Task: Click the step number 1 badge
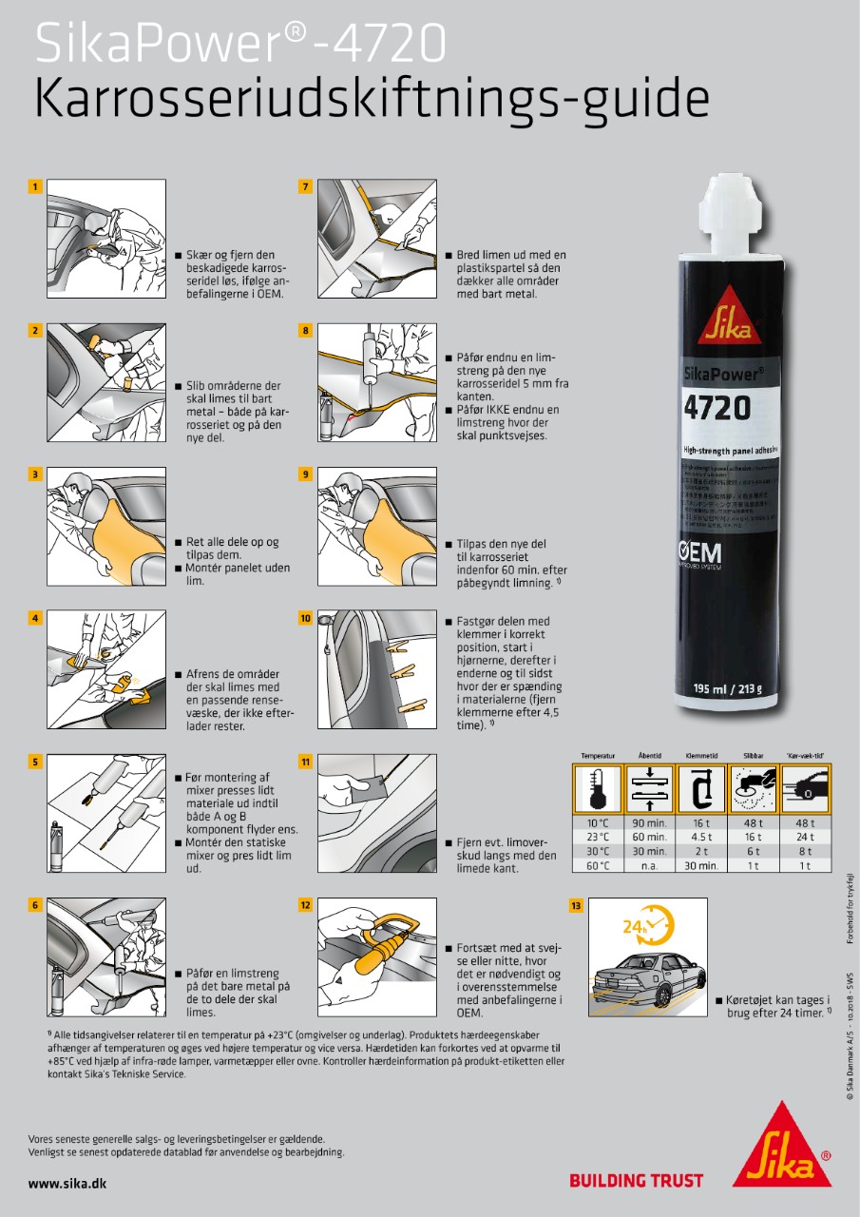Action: [x=35, y=187]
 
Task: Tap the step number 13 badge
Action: [x=576, y=906]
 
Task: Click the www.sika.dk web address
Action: [x=67, y=1183]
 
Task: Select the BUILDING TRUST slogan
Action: [x=636, y=1181]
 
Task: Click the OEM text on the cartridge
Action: [x=698, y=552]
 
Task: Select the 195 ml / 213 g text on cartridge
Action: [x=731, y=688]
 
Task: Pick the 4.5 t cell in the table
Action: [x=701, y=838]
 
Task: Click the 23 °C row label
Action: [x=597, y=838]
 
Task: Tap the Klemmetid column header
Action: [x=701, y=757]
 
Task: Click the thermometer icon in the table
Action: [x=598, y=789]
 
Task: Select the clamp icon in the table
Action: [x=701, y=789]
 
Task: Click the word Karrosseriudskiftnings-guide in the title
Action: [x=372, y=99]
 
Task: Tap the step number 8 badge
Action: [x=305, y=331]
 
